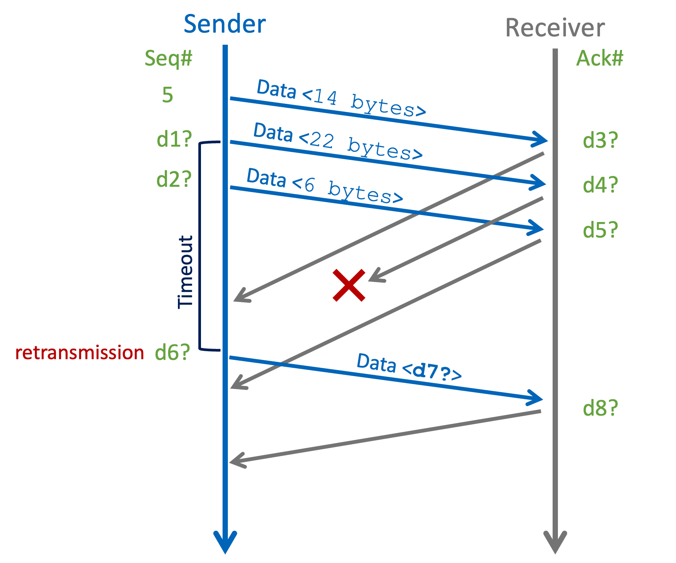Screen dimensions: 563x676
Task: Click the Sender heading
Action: pyautogui.click(x=224, y=24)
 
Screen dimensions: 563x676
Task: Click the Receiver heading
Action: pyautogui.click(x=555, y=28)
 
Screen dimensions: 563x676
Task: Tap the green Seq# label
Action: pyautogui.click(x=168, y=59)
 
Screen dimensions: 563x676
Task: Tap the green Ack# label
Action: pyautogui.click(x=599, y=59)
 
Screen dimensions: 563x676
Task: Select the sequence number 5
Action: pyautogui.click(x=167, y=95)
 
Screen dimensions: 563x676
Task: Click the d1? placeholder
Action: pyautogui.click(x=174, y=139)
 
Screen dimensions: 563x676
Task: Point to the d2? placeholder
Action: pyautogui.click(x=174, y=179)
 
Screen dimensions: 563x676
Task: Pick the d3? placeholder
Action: pyautogui.click(x=600, y=141)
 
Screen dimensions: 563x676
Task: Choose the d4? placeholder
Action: pyautogui.click(x=600, y=185)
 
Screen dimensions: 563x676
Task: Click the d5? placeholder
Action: pyautogui.click(x=600, y=230)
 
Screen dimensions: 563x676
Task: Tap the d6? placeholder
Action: pyautogui.click(x=172, y=353)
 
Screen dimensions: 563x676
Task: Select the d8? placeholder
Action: pyautogui.click(x=600, y=408)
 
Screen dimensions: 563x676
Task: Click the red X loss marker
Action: pyautogui.click(x=349, y=285)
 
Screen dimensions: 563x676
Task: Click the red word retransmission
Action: pyautogui.click(x=79, y=353)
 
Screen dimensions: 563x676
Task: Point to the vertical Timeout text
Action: pyautogui.click(x=185, y=272)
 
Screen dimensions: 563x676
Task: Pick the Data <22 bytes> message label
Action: pyautogui.click(x=338, y=142)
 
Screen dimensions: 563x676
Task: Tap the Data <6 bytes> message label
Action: pyautogui.click(x=324, y=186)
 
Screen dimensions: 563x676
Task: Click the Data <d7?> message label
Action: pyautogui.click(x=409, y=367)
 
